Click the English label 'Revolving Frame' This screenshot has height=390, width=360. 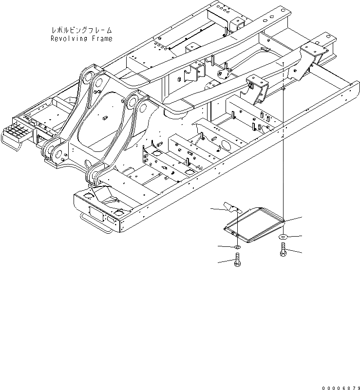point(81,38)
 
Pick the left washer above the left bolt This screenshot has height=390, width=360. point(237,248)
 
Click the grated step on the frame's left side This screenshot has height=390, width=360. point(17,132)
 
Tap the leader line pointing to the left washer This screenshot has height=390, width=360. point(225,247)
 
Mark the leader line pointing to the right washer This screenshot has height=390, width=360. point(295,236)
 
